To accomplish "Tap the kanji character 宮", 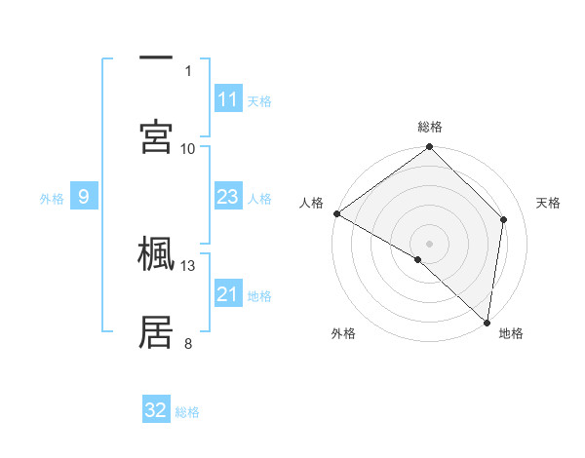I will [157, 135].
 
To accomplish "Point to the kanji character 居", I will [157, 331].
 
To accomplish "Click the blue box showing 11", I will [228, 99].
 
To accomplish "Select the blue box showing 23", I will [228, 198].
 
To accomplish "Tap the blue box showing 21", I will [228, 295].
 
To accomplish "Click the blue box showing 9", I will [84, 198].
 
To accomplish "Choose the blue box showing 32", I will [156, 410].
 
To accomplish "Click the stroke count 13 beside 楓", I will [188, 265].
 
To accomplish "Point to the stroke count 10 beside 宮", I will [188, 148].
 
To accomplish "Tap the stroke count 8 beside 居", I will [188, 342].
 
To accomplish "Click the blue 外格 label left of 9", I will [52, 199].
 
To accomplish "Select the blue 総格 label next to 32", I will [187, 412].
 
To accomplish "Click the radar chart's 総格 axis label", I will [430, 127].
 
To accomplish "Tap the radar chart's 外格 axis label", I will [343, 333].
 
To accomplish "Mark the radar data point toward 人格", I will [336, 213].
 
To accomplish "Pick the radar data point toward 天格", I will [504, 219].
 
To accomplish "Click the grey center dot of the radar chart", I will [430, 243].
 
